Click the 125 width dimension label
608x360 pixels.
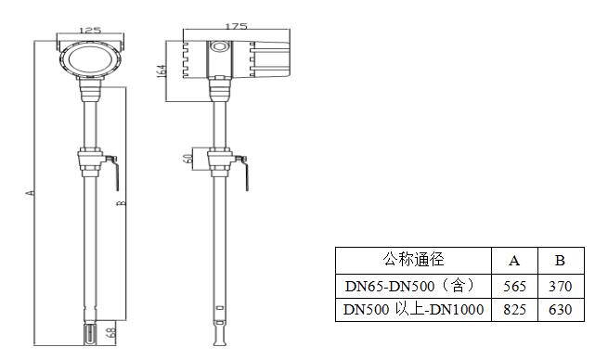coord(90,31)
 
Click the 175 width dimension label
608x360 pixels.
coord(236,26)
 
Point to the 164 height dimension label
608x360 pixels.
coord(162,71)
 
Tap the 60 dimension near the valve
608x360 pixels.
coord(188,159)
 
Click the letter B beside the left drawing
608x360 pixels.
coord(122,203)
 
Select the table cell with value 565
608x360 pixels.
coord(514,287)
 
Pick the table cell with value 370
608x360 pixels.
coord(561,287)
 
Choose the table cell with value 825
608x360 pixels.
coord(514,310)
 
